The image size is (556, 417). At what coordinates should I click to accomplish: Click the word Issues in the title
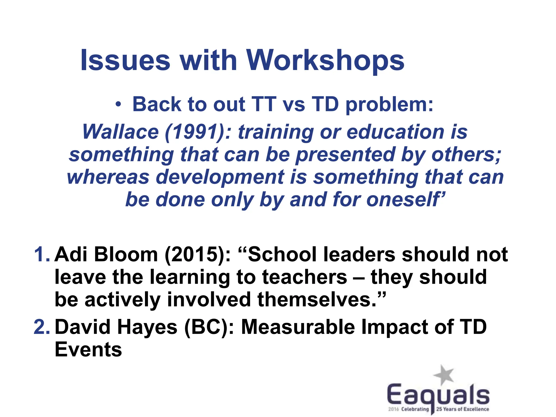pos(125,60)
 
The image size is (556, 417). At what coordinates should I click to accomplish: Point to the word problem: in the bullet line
pos(389,105)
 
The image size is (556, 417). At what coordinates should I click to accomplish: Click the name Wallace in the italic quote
pos(121,132)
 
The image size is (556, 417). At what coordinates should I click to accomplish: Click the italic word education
pos(395,132)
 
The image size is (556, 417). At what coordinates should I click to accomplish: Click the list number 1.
pos(41,254)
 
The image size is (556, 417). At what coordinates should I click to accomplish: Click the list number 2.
pos(41,327)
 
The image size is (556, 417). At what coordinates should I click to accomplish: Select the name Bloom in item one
pos(126,254)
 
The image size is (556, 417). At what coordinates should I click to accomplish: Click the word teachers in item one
pos(304,277)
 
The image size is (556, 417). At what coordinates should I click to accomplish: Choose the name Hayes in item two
pos(147,327)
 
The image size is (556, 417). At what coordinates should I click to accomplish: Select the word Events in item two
pos(89,349)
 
